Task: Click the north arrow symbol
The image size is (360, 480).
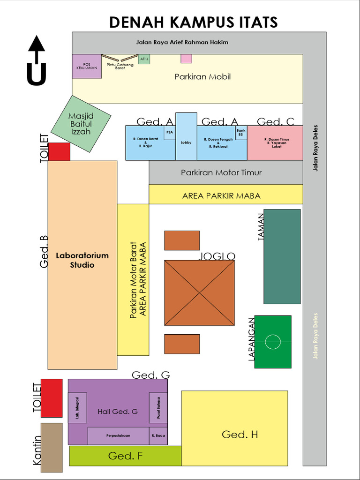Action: coord(36,61)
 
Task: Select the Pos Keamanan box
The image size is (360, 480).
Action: coord(87,66)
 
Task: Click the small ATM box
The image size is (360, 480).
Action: coord(144,59)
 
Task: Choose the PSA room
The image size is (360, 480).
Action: coord(169,133)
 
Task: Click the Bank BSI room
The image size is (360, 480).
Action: coord(241,133)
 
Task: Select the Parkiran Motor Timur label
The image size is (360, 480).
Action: coord(221,172)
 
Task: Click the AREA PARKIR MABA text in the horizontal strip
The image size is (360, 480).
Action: coord(221,195)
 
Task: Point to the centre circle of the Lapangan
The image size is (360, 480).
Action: coord(273,342)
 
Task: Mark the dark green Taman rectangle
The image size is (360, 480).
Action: coord(282,256)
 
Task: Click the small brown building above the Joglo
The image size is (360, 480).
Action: coord(182,240)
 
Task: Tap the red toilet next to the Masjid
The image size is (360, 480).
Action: coord(60,152)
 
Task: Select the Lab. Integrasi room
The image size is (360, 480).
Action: coord(77,408)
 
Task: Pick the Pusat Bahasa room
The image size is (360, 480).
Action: coord(158,408)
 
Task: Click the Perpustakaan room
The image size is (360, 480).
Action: coord(118,435)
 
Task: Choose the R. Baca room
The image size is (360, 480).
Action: coord(158,435)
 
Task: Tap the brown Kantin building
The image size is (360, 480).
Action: coord(52,448)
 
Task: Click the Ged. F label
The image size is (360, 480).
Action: coord(125,456)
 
